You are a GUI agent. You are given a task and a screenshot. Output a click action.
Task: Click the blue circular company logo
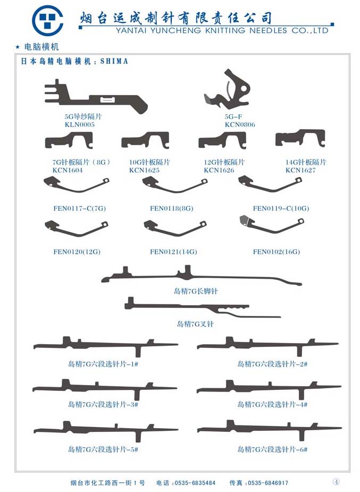click(x=48, y=20)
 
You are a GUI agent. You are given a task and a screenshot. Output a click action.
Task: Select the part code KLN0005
click(x=80, y=124)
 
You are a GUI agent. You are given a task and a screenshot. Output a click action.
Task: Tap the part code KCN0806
click(x=240, y=124)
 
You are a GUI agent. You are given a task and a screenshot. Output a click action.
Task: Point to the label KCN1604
click(x=68, y=170)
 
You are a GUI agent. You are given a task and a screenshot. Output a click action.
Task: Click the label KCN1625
click(x=144, y=170)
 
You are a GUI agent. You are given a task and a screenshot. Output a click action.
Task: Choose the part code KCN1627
click(x=300, y=170)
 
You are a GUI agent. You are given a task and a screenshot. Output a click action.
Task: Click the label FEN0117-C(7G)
click(x=80, y=209)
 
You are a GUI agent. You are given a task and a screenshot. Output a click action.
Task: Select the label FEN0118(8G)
click(x=172, y=209)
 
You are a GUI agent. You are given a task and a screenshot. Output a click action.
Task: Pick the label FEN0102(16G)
click(x=277, y=252)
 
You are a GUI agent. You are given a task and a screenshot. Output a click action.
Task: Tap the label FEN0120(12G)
click(x=77, y=252)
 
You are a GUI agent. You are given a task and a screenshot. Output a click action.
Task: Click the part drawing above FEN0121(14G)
click(x=175, y=228)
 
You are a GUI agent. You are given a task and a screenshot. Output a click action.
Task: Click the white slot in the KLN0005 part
click(x=107, y=100)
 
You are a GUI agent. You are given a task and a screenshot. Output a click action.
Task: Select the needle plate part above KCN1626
click(x=222, y=140)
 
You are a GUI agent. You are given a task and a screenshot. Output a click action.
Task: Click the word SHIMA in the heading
click(x=114, y=61)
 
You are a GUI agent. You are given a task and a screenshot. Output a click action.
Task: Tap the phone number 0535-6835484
click(x=195, y=482)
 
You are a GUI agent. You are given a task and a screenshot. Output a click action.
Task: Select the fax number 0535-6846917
click(x=268, y=482)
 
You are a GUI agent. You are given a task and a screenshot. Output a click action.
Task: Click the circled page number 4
click(x=336, y=481)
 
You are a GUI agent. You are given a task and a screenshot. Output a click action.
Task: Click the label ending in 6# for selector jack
click(x=272, y=449)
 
